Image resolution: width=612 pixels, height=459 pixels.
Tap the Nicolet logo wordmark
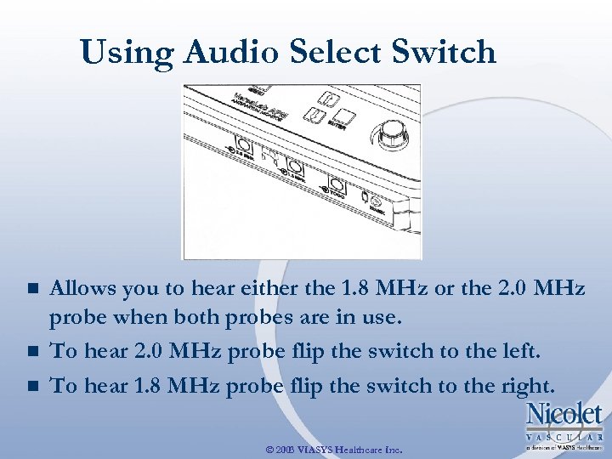564,416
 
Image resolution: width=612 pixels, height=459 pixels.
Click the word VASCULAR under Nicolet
564,436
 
